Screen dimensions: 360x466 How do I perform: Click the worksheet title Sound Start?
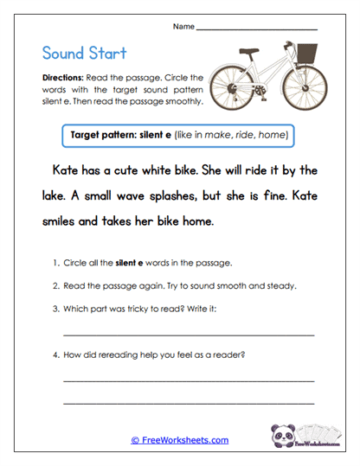83,54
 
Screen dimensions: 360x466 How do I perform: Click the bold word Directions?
61,78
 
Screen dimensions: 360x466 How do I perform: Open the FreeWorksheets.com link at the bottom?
179,440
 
